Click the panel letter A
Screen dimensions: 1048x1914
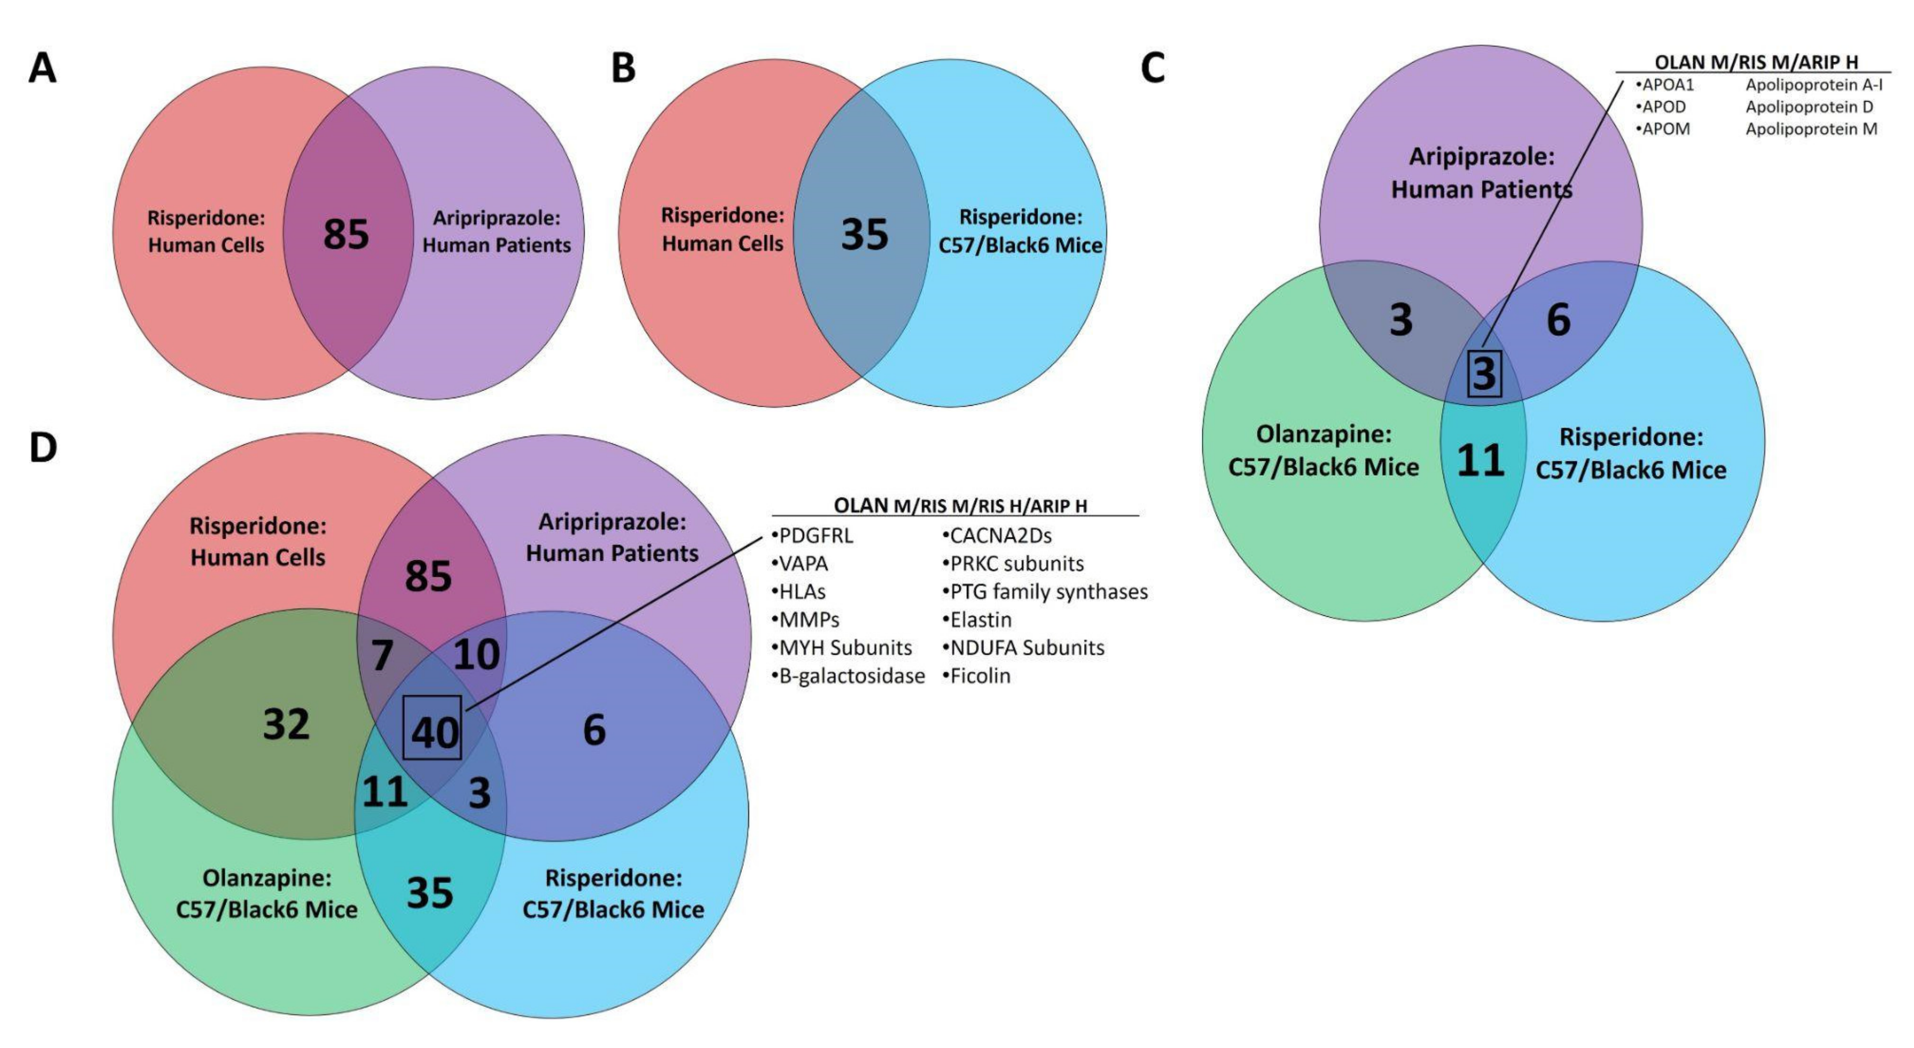coord(42,69)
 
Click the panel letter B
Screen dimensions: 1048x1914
coord(623,69)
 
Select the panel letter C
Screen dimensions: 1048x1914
coord(1152,69)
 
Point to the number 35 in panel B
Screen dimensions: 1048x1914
coord(864,234)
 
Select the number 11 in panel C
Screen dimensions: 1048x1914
coord(1480,461)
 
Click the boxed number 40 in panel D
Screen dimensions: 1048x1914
coord(434,732)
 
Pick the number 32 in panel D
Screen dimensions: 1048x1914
coord(286,724)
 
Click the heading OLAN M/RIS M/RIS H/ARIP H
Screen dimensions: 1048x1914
coord(960,505)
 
